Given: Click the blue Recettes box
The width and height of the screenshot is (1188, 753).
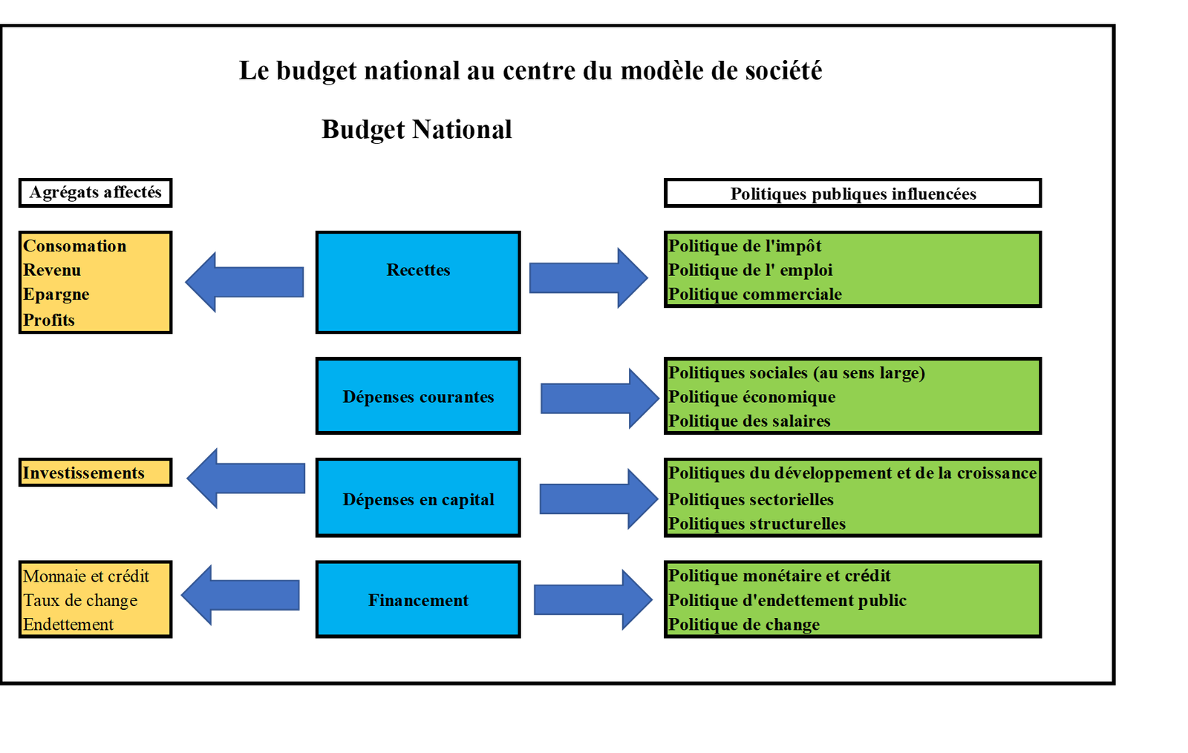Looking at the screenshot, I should [418, 282].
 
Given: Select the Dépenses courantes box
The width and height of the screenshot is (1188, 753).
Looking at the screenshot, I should [418, 396].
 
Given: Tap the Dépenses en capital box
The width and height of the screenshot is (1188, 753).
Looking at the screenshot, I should [418, 498].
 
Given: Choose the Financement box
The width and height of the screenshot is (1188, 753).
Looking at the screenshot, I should [418, 599].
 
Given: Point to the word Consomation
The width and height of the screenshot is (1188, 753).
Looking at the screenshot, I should [75, 246].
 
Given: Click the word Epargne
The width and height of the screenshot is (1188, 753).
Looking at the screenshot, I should [56, 295].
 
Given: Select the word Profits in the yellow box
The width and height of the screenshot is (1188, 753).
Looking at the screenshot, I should [49, 320].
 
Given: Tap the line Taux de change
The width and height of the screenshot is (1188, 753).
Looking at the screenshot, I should [80, 600].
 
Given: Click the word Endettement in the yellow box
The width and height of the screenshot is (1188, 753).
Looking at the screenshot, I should [68, 625].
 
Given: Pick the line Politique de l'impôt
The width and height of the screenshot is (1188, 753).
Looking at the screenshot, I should [745, 246].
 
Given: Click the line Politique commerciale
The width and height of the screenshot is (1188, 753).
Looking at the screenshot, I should [755, 295].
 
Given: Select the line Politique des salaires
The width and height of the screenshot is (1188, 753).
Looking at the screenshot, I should [749, 421].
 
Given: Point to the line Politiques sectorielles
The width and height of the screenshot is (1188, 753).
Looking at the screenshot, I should [751, 499].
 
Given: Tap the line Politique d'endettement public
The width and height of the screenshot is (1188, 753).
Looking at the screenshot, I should [787, 600].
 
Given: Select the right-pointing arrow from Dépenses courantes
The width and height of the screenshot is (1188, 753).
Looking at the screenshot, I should [598, 398].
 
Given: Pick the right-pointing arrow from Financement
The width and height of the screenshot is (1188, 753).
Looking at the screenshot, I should [593, 600].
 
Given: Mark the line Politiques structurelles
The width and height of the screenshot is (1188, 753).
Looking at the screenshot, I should [757, 524].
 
